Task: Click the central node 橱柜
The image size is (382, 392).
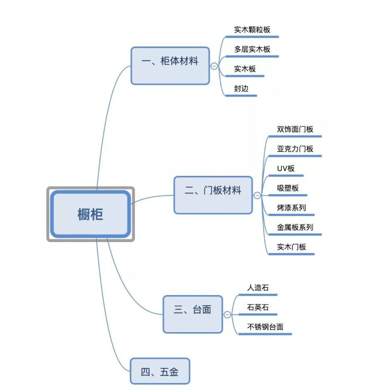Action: click(90, 214)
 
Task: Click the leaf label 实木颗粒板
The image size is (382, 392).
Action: click(252, 30)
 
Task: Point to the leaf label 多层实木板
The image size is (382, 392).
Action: click(252, 49)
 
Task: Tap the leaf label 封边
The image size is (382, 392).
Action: click(241, 88)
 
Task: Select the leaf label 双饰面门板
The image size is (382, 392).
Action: click(295, 129)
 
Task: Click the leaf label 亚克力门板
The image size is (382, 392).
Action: click(295, 149)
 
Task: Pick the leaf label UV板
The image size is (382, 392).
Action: click(285, 168)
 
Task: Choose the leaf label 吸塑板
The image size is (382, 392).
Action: click(288, 188)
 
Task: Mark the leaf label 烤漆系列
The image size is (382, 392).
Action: click(291, 208)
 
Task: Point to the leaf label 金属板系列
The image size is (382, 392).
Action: click(295, 227)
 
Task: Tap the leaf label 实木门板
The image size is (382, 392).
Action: click(291, 247)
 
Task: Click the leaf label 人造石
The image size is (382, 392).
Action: click(258, 288)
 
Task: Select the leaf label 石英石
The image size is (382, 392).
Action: click(258, 307)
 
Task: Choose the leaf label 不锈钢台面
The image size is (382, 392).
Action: click(265, 327)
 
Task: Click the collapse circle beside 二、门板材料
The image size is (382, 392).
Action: click(257, 195)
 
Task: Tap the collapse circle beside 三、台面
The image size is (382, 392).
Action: click(228, 314)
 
